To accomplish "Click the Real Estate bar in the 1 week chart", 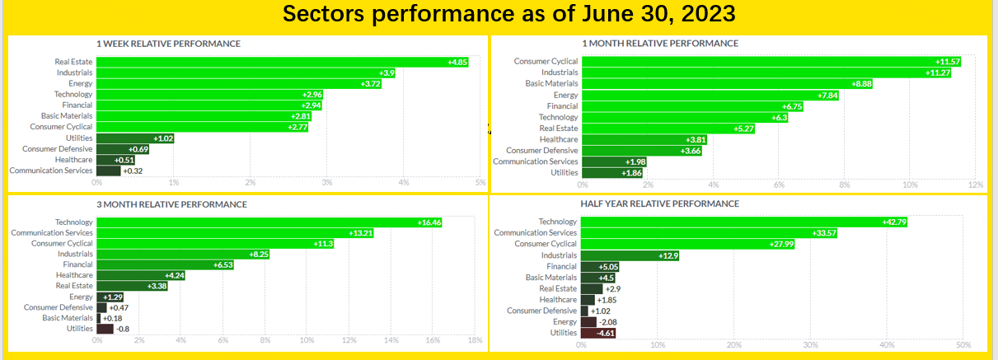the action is [283, 62].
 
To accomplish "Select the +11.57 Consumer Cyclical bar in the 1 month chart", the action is [771, 62].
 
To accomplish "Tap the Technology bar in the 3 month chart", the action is [269, 222].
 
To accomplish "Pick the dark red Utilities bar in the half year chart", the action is [598, 333].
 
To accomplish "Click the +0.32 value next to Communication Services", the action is [133, 171].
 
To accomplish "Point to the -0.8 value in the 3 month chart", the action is [123, 330].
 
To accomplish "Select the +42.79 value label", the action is [894, 222].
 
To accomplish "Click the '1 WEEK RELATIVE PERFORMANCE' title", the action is [168, 44].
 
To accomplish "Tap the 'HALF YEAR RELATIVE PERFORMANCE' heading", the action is [660, 203].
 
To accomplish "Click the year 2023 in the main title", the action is [709, 13].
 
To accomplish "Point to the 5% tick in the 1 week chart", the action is [480, 182].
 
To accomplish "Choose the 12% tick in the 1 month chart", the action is [976, 185].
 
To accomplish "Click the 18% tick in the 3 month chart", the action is [475, 340].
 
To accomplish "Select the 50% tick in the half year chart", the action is [963, 345].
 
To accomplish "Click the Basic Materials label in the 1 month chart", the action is [551, 83].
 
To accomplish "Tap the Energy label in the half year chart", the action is [565, 321].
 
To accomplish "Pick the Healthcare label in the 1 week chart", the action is [74, 160].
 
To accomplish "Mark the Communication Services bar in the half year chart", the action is [709, 233].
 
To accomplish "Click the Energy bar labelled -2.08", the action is [588, 322].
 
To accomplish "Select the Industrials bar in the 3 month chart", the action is [183, 255].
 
